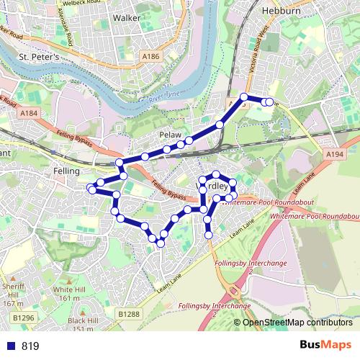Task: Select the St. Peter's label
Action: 40,56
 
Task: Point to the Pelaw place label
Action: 169,135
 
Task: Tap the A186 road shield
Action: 151,56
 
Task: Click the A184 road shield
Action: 29,114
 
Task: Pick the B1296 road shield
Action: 23,317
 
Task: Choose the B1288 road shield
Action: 128,314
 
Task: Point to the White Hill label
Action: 67,294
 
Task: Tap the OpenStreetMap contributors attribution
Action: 297,322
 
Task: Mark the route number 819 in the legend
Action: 30,346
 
